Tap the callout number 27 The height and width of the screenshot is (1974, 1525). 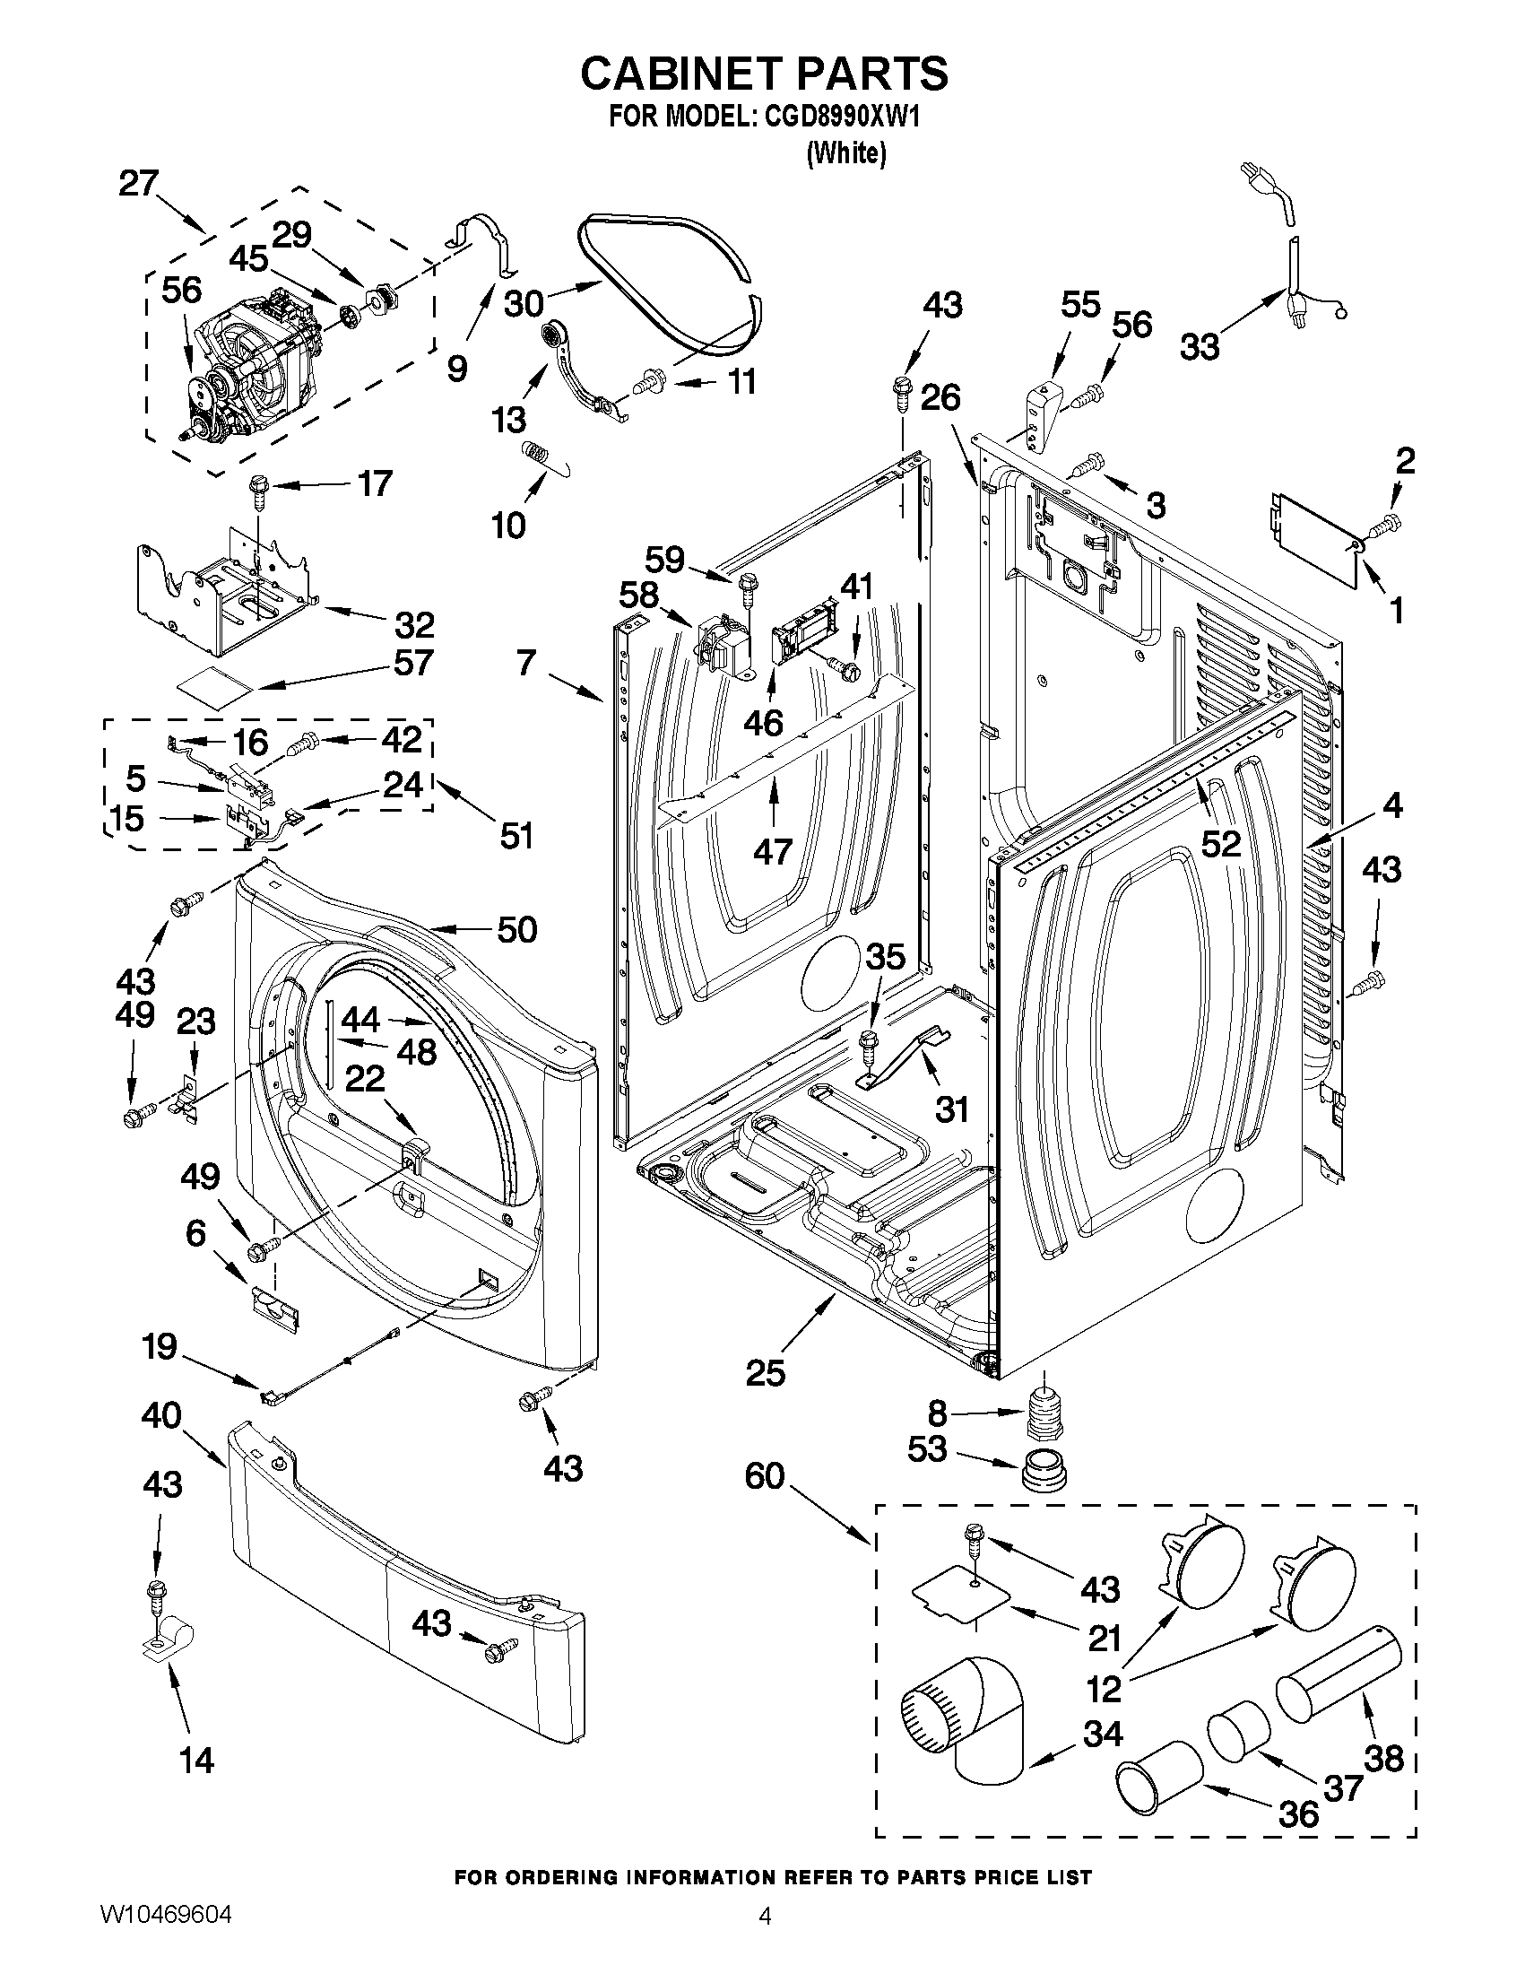pyautogui.click(x=138, y=184)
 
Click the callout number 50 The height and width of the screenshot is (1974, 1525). pyautogui.click(x=517, y=929)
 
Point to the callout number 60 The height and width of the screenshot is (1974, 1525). pyautogui.click(x=766, y=1476)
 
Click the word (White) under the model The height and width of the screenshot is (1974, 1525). pyautogui.click(x=845, y=153)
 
